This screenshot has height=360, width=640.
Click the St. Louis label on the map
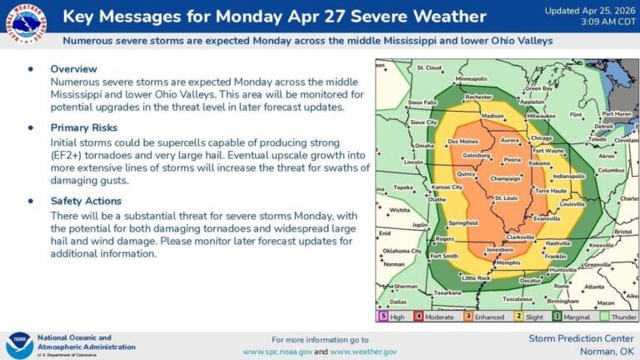pyautogui.click(x=505, y=197)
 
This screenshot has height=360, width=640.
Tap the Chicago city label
pyautogui.click(x=541, y=137)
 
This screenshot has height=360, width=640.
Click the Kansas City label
pyautogui.click(x=447, y=187)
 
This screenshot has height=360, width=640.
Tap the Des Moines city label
pyautogui.click(x=462, y=142)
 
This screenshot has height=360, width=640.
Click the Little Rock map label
pyautogui.click(x=477, y=277)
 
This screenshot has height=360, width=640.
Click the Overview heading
pyautogui.click(x=73, y=68)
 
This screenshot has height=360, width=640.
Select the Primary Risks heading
pyautogui.click(x=84, y=127)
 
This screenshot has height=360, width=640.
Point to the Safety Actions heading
pyautogui.click(x=86, y=201)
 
